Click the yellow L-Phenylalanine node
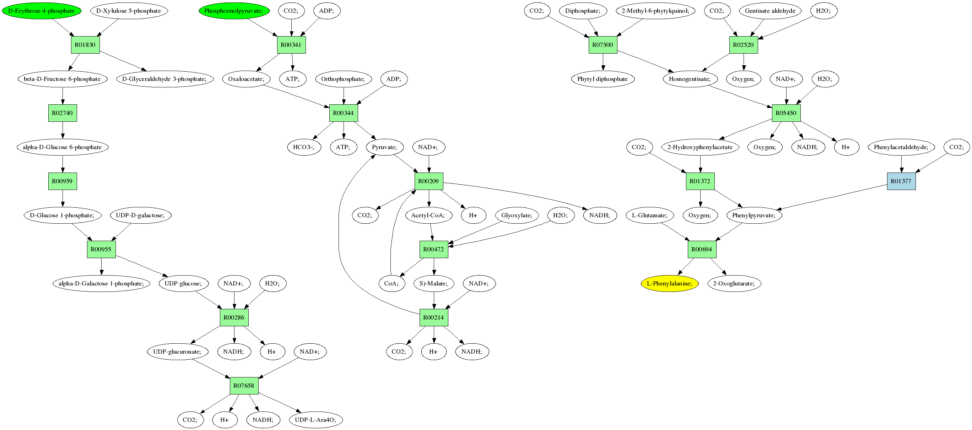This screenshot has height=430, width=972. click(669, 283)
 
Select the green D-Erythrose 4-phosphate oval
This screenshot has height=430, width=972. click(42, 11)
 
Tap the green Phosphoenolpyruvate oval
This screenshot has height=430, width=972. click(234, 11)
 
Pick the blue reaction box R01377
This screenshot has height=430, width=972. click(901, 181)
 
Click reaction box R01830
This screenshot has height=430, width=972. click(85, 45)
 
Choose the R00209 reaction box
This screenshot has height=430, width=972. click(429, 181)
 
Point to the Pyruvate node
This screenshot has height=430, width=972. click(384, 147)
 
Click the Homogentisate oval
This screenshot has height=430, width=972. click(689, 79)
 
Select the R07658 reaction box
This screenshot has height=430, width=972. click(244, 386)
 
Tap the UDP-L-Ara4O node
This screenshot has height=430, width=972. click(315, 420)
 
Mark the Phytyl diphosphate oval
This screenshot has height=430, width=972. click(603, 79)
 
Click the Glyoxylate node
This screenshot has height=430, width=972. click(517, 216)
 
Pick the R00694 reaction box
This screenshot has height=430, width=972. click(701, 249)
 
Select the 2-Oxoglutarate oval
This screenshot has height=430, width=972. click(734, 283)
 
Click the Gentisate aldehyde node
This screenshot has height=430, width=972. click(770, 11)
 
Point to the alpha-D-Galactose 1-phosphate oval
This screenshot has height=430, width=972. click(101, 283)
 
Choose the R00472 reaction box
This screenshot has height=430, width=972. click(433, 249)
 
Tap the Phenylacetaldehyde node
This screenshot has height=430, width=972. click(901, 147)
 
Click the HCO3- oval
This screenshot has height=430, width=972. click(304, 147)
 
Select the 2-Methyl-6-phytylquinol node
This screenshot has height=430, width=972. click(655, 11)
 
